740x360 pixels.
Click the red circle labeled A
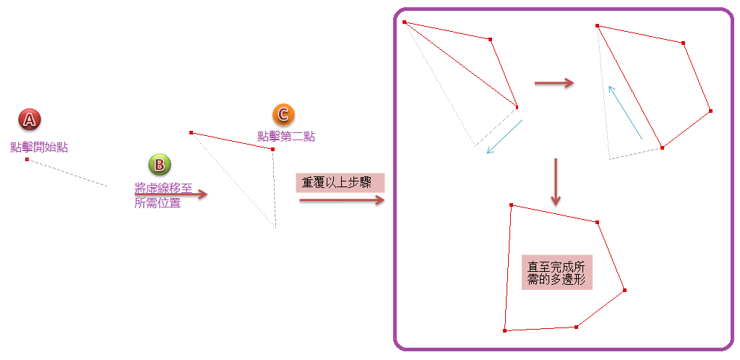29,119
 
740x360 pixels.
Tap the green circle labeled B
159,165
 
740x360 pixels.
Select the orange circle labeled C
283,114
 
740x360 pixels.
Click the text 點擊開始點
39,147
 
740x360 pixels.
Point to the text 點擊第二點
286,136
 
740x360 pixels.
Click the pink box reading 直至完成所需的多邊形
556,273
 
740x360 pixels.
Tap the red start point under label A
27,159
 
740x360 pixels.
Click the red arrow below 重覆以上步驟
342,200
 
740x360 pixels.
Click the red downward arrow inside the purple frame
555,181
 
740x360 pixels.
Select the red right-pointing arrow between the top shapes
554,83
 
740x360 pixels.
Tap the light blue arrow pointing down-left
504,137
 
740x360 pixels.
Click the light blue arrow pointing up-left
625,112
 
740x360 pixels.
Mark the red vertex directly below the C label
272,149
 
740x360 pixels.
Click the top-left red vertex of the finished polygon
511,205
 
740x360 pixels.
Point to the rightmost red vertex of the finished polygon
624,290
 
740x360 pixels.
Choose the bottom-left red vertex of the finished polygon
504,330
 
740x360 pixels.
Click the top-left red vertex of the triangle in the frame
404,22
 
